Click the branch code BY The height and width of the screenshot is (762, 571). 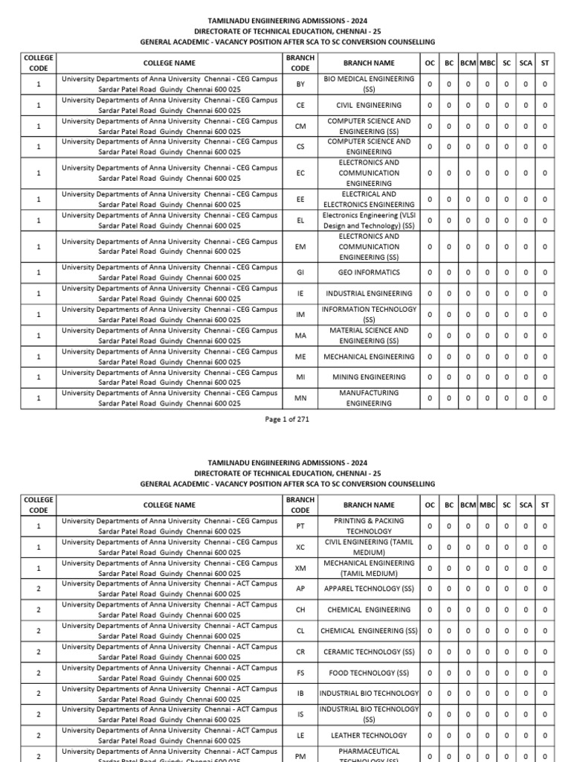point(300,84)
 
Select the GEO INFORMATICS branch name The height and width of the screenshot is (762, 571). point(369,272)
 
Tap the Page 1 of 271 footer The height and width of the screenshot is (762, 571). point(286,419)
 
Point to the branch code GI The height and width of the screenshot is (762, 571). point(300,272)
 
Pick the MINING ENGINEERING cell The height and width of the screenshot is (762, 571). point(369,377)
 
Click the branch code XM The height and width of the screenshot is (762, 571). point(300,568)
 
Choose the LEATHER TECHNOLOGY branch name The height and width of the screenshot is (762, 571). point(369,735)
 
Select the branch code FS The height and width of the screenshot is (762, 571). point(300,673)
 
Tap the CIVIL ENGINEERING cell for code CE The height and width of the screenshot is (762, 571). point(369,106)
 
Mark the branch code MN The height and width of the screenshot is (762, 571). point(300,398)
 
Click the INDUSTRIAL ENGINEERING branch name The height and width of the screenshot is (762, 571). point(369,293)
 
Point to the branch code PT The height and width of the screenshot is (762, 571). point(300,526)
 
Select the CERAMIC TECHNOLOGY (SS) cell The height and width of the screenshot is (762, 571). point(369,652)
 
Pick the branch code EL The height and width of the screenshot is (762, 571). point(300,220)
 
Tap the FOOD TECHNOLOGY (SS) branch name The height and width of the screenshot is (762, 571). point(369,673)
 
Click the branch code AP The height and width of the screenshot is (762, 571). point(300,589)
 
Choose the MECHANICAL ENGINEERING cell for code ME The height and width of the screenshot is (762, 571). point(369,356)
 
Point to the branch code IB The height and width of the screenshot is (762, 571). point(300,694)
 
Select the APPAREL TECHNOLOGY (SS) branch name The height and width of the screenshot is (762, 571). point(369,589)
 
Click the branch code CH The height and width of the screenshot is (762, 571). point(300,609)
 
